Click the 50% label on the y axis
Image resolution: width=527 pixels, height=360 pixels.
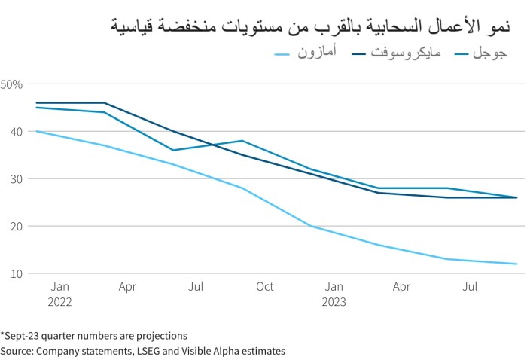(x=13, y=84)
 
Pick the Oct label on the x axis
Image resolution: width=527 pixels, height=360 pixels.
(x=264, y=287)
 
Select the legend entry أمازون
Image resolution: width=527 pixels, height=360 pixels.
(x=318, y=53)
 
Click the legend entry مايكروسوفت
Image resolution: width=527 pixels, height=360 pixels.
(x=406, y=53)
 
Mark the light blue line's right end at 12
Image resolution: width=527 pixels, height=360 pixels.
(x=516, y=264)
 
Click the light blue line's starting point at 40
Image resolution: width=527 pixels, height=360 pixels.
(x=35, y=131)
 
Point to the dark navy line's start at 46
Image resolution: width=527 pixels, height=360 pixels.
(x=35, y=102)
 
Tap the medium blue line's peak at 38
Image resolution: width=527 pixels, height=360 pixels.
(x=242, y=141)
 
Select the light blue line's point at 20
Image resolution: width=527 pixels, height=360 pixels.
(x=310, y=226)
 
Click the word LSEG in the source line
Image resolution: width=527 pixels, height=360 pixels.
(x=145, y=351)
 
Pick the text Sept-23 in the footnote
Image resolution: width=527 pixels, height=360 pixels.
(x=23, y=335)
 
